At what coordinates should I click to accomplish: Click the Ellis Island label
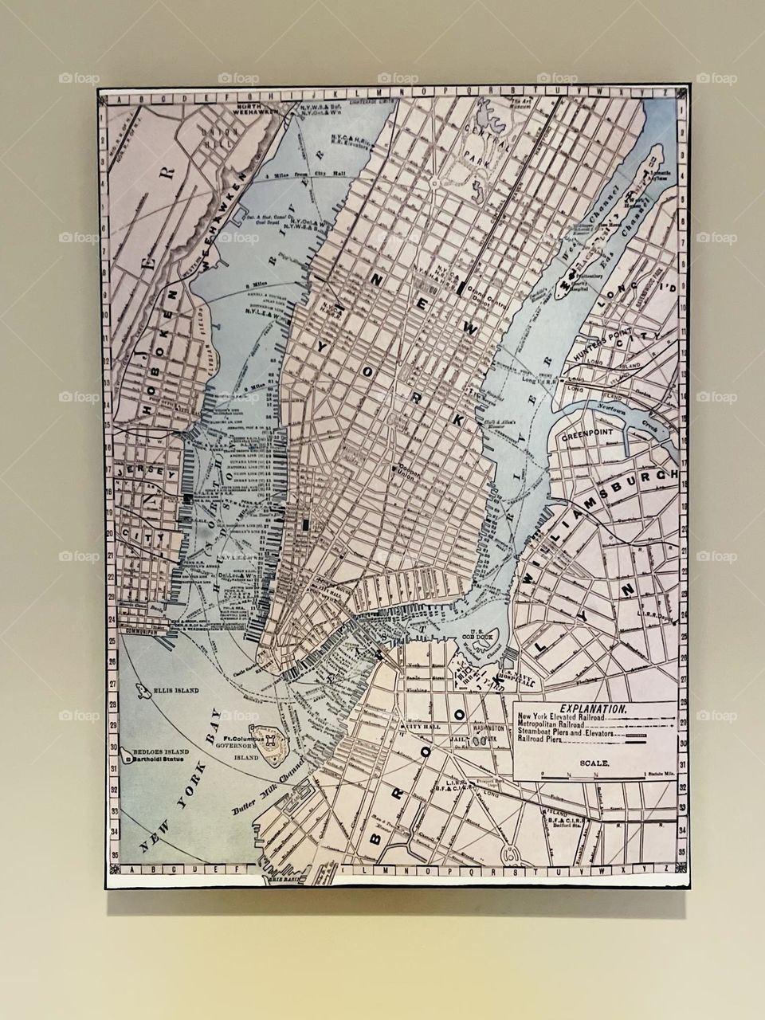tap(177, 691)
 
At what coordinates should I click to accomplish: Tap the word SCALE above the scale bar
tap(595, 763)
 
